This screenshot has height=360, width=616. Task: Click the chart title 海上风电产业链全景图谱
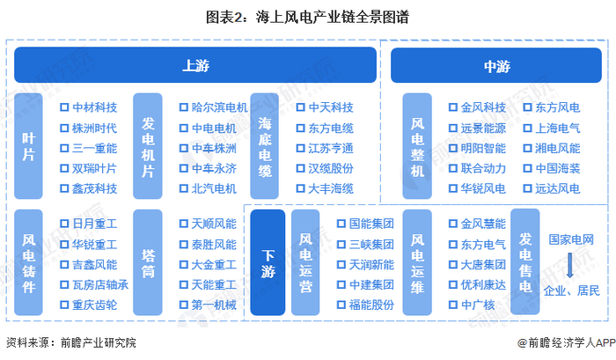coord(307,17)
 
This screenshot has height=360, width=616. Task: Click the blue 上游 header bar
coord(194,65)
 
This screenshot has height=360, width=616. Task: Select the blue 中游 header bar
coord(496,65)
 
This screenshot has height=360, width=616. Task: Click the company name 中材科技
coord(94,107)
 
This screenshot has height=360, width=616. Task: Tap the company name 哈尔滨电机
coord(219,107)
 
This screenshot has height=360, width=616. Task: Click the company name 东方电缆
coord(331,128)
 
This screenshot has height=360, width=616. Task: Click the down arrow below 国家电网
coord(571,264)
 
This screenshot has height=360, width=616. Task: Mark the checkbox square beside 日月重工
coord(64,224)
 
